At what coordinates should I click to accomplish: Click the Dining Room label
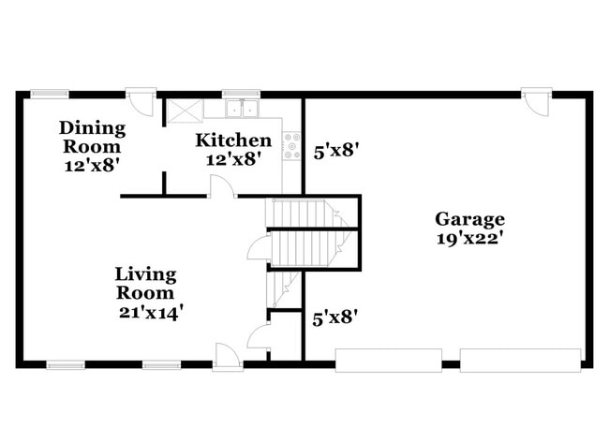92,137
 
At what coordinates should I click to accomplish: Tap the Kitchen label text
233,140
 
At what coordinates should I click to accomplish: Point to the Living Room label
145,284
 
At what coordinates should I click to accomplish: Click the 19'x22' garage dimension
469,238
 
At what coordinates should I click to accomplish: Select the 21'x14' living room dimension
150,313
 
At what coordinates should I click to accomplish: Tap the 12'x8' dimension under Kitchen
233,158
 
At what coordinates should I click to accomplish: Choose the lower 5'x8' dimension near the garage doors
334,318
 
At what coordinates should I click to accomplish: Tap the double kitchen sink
234,108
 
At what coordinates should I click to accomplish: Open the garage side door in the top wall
536,100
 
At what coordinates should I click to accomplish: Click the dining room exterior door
141,100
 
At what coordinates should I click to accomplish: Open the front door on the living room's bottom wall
227,356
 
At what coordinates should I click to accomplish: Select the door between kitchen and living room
221,188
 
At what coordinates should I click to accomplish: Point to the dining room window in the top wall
49,94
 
